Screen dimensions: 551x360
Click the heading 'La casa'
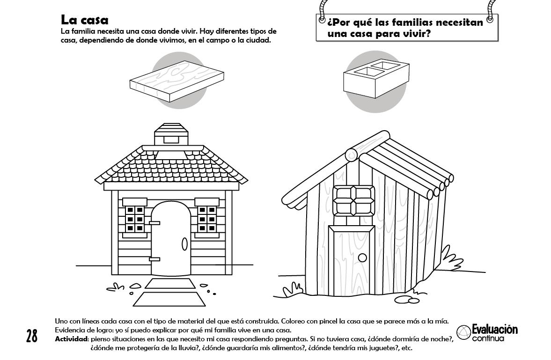point(84,20)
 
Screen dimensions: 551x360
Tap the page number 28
point(32,336)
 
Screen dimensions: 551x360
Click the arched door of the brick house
point(170,239)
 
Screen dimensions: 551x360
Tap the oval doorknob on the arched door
point(184,243)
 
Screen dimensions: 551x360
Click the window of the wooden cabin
point(354,201)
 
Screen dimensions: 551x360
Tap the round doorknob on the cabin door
point(362,257)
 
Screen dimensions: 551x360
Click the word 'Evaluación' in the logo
point(494,330)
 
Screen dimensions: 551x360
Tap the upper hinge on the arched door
point(154,223)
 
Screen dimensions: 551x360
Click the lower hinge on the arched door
point(154,259)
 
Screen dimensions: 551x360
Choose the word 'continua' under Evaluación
point(488,338)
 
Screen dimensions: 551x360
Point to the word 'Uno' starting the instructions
point(61,322)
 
